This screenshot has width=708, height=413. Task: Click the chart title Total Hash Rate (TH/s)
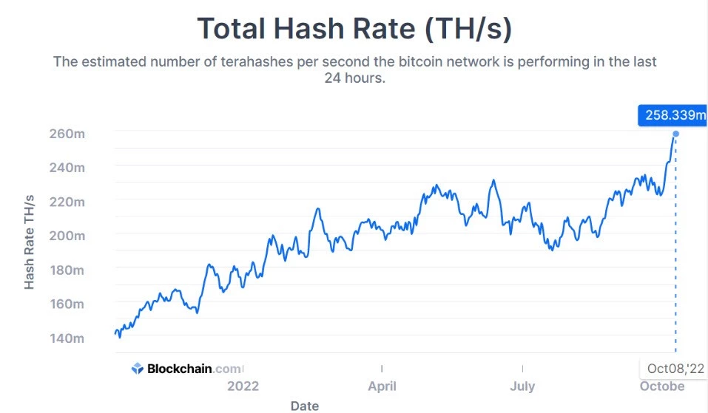tap(354, 28)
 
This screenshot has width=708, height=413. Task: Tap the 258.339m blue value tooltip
tap(672, 115)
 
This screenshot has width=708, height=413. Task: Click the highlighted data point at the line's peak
tap(675, 134)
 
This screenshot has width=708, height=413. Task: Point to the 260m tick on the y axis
tap(67, 134)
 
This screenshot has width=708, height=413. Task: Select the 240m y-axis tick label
tap(67, 168)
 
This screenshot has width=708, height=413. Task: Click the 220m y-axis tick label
tap(67, 202)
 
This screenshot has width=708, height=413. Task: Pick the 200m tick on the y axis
tap(67, 236)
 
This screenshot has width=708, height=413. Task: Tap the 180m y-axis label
tap(67, 270)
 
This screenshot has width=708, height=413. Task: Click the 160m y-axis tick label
tap(67, 304)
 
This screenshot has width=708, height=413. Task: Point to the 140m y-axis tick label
tap(67, 338)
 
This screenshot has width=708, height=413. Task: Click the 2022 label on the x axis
tap(243, 386)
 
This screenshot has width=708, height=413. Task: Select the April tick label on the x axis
tap(382, 386)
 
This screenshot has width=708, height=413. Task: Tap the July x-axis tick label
tap(522, 386)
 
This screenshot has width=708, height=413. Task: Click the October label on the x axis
tap(661, 386)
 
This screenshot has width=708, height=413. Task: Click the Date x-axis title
tap(305, 405)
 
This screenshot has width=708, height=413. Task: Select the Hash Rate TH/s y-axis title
tap(30, 242)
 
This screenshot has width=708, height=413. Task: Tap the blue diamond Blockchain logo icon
tap(137, 369)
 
